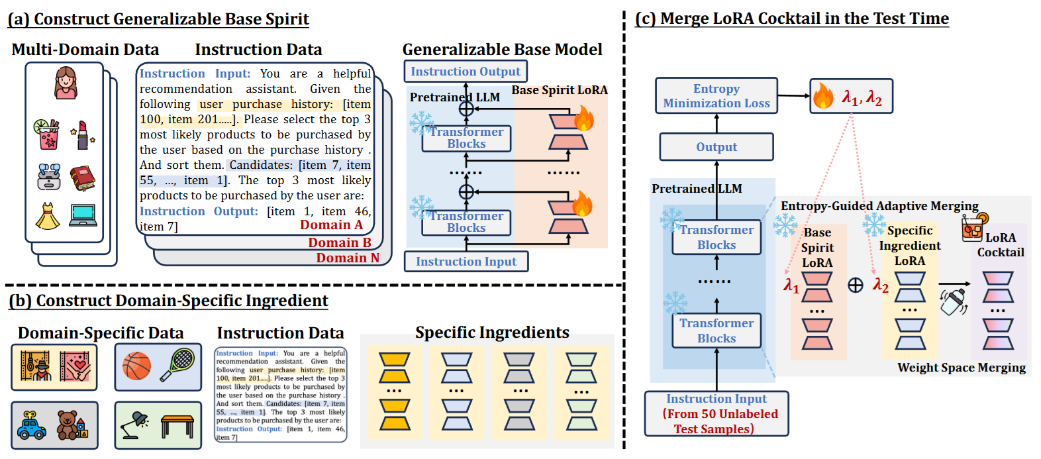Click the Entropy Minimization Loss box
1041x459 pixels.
point(716,96)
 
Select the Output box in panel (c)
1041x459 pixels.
point(716,147)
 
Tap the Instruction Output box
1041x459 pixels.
point(465,72)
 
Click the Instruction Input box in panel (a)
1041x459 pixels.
point(466,262)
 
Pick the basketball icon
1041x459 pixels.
point(137,366)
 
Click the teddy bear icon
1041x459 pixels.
point(69,425)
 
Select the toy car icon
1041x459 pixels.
point(31,425)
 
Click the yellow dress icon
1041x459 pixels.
point(47,216)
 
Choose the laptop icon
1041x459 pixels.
point(83,215)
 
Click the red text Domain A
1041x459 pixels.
point(331,225)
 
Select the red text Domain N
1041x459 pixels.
point(348,258)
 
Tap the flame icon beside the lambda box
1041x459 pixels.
point(823,96)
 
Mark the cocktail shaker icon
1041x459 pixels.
point(953,301)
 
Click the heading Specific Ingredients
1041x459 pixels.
point(492,332)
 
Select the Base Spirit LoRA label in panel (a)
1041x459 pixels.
point(559,90)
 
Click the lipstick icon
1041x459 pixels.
point(83,134)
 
